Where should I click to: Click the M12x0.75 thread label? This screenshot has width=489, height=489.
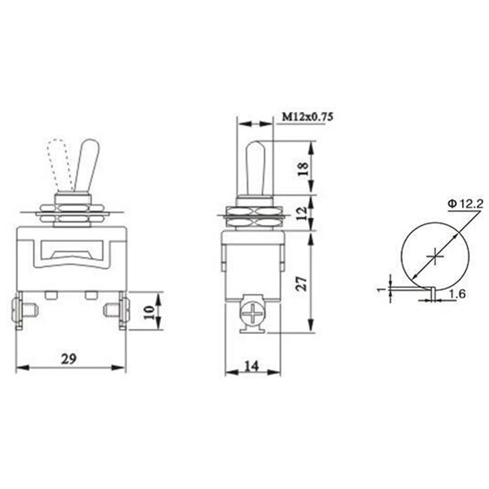pos(307,117)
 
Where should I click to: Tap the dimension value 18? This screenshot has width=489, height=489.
pos(303,169)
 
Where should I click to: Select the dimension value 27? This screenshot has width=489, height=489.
pos(302,283)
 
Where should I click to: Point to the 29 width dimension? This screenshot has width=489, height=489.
pos(69,359)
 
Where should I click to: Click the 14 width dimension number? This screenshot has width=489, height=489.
pos(252,366)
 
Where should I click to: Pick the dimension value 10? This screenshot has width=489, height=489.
pos(149,312)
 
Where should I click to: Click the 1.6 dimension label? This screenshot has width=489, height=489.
pos(457,293)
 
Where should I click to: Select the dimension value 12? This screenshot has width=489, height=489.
pos(302,213)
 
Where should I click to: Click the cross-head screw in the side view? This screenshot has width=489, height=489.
pos(252,313)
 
